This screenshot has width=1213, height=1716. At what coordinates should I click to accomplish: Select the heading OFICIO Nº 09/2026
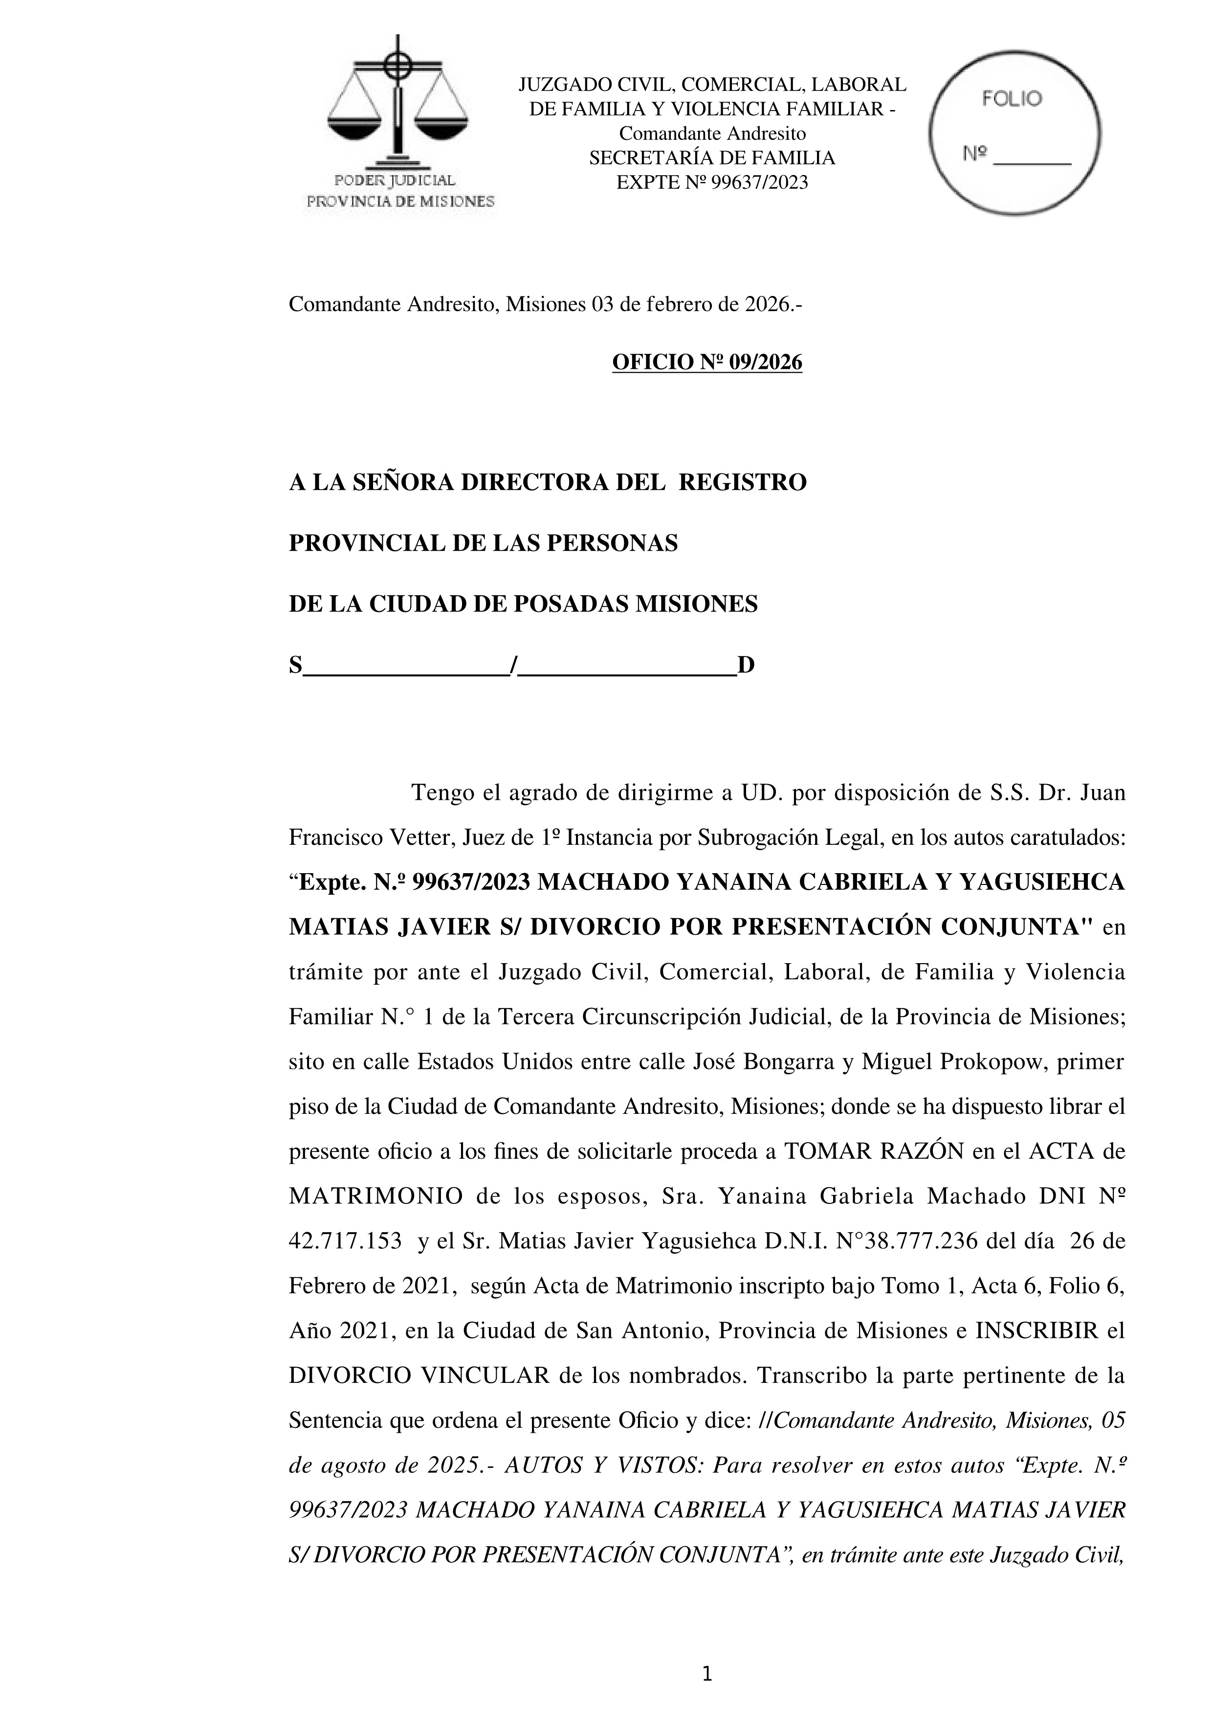tap(706, 362)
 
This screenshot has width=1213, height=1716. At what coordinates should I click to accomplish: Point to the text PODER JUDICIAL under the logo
tap(395, 180)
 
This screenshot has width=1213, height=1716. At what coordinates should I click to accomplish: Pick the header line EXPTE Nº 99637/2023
tap(712, 183)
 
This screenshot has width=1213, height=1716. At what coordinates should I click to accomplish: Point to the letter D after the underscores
tap(746, 665)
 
